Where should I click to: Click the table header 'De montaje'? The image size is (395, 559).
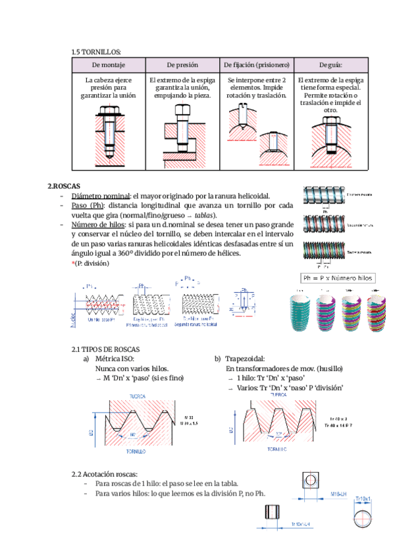click(109, 65)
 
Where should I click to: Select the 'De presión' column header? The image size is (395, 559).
click(182, 65)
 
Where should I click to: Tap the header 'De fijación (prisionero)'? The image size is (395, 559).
click(257, 65)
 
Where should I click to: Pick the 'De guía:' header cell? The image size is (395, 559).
click(330, 65)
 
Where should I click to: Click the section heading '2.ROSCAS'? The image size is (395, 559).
click(63, 187)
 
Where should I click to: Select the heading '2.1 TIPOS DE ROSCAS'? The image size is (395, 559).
click(105, 349)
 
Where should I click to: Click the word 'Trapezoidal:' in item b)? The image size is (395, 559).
click(245, 359)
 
